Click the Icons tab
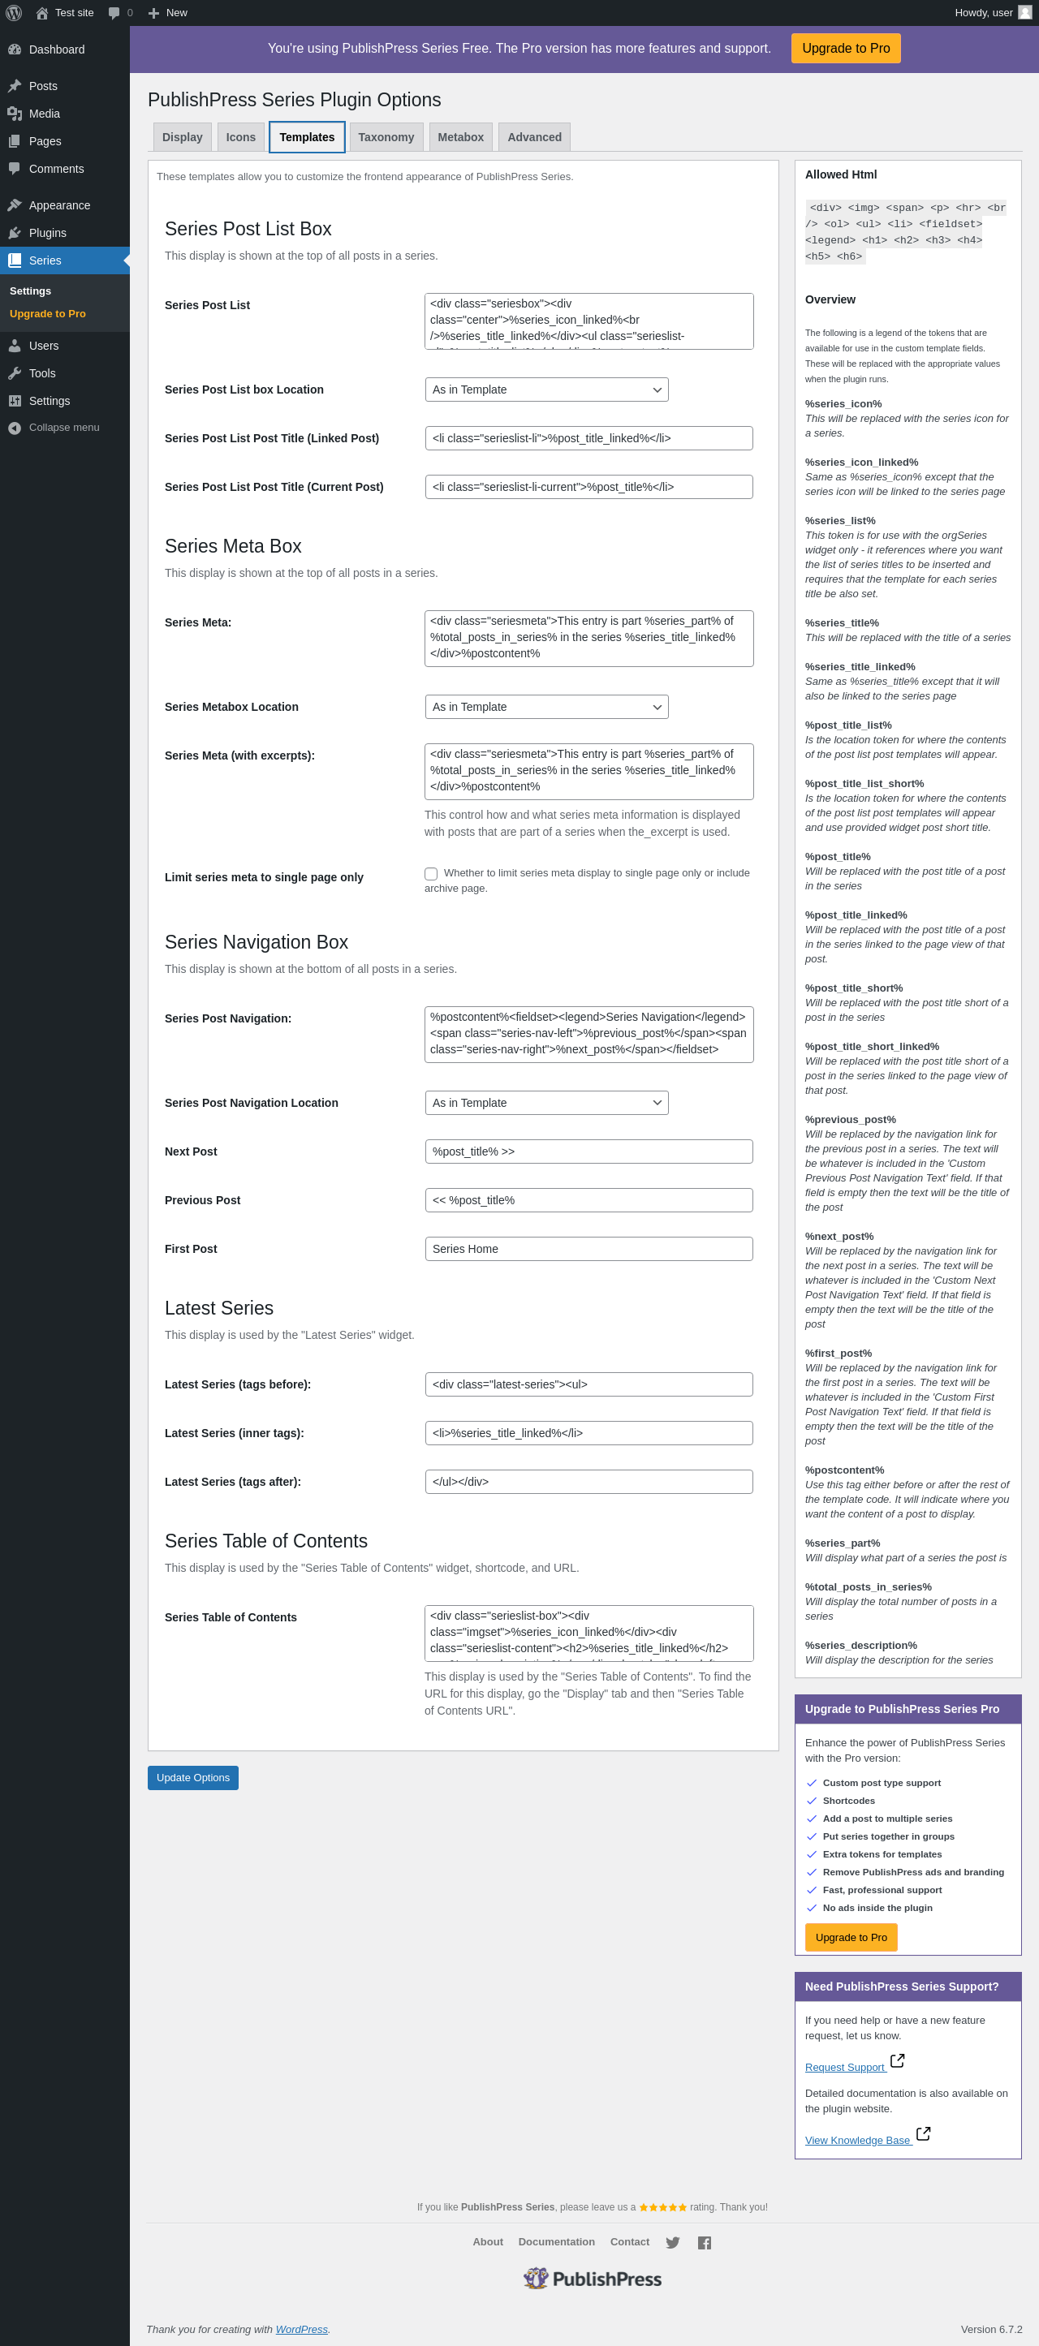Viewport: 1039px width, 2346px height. click(240, 137)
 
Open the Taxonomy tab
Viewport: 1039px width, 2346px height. click(386, 137)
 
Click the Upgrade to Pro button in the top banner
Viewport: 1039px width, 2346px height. click(845, 48)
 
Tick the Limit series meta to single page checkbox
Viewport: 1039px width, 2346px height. click(431, 873)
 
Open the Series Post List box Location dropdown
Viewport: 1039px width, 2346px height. click(546, 390)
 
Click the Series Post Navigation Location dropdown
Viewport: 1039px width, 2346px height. click(546, 1103)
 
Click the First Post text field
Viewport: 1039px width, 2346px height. click(588, 1249)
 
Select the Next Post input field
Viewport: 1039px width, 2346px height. click(588, 1151)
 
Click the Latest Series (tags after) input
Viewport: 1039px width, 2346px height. click(588, 1482)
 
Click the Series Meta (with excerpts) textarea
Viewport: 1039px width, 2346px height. click(588, 770)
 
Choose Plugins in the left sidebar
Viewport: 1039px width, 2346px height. click(47, 233)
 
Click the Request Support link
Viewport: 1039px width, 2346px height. click(844, 2068)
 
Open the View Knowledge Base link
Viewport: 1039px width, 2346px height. click(857, 2140)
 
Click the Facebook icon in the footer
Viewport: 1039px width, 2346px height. click(704, 2243)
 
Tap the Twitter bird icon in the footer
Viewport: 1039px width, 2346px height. click(672, 2243)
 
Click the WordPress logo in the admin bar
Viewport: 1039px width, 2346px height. click(14, 13)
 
